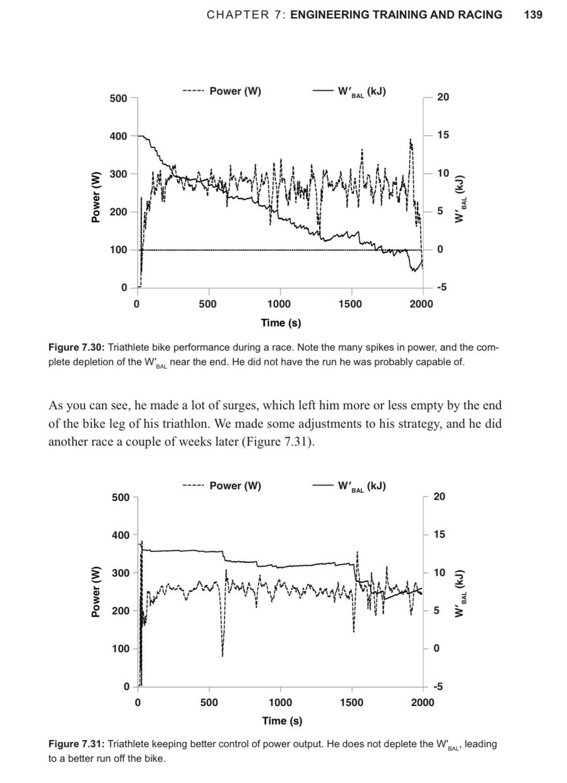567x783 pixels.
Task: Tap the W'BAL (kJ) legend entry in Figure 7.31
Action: coord(358,486)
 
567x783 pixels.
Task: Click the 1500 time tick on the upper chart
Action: coord(350,305)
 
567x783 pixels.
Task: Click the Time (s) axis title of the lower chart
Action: coord(281,721)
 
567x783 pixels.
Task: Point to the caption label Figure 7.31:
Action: coord(75,745)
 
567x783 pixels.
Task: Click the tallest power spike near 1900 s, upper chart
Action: coord(410,140)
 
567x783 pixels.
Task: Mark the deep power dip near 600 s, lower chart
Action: coord(222,655)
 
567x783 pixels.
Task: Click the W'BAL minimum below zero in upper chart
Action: coord(414,271)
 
